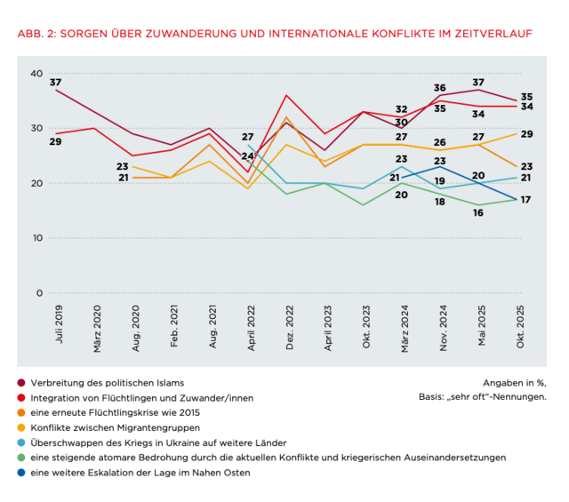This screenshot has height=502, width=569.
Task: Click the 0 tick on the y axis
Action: [39, 293]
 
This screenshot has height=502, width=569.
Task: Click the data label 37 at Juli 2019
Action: [55, 83]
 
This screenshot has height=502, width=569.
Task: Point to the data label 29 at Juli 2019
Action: [55, 142]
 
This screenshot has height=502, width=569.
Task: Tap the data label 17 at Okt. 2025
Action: [525, 200]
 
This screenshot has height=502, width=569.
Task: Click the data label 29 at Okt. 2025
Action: [525, 133]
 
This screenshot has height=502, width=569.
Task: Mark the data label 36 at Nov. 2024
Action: [439, 88]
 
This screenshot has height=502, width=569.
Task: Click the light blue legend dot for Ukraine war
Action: [20, 442]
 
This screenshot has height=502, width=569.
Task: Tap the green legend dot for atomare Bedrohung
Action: [20, 458]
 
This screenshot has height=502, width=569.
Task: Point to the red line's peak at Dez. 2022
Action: [286, 95]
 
